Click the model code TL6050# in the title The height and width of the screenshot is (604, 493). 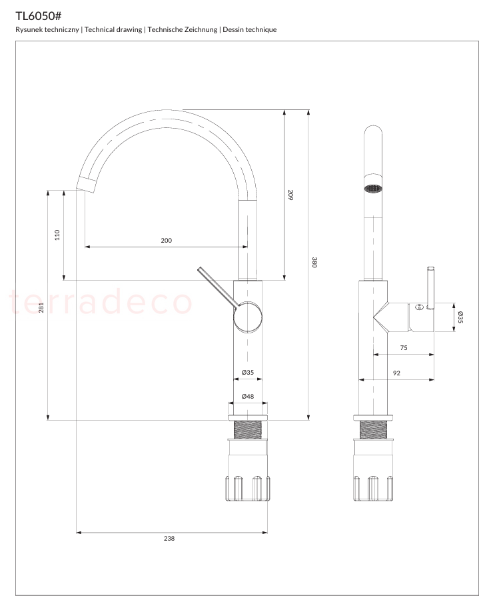click(39, 16)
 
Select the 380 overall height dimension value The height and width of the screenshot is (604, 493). click(314, 262)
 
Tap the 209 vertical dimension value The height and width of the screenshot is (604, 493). click(290, 195)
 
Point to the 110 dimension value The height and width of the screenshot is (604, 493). click(57, 235)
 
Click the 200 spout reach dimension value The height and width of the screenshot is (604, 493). click(167, 241)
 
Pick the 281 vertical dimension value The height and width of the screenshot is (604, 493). click(41, 307)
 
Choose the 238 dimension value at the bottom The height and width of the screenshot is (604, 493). click(169, 539)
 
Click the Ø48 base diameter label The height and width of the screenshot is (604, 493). click(248, 397)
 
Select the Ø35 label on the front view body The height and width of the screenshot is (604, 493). click(248, 373)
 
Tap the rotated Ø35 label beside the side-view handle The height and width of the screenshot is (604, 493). click(460, 317)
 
